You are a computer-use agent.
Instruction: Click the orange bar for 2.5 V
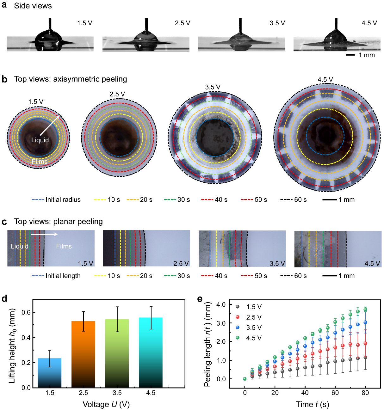tap(83, 354)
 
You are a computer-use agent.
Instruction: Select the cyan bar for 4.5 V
tap(151, 352)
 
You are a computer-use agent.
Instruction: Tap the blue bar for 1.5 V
tap(50, 373)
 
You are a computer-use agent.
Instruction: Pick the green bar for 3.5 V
tap(117, 353)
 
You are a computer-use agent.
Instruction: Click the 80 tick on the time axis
tap(365, 393)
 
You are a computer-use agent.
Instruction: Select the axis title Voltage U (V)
tap(106, 404)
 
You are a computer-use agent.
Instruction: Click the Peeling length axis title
tap(207, 344)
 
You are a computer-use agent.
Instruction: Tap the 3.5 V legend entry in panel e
tap(249, 327)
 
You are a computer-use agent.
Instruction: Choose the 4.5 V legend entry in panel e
tap(249, 338)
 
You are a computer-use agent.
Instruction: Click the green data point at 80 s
tap(365, 309)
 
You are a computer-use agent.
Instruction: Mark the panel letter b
tap(4, 79)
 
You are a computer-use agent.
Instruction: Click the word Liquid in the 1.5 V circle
tap(40, 140)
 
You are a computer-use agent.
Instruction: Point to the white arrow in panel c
tap(44, 234)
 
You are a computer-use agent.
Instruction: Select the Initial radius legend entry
tap(56, 199)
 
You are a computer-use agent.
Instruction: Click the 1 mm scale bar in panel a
tap(350, 55)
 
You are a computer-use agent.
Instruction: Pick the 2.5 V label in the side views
tap(183, 23)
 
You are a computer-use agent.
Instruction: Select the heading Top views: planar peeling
tap(58, 221)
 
